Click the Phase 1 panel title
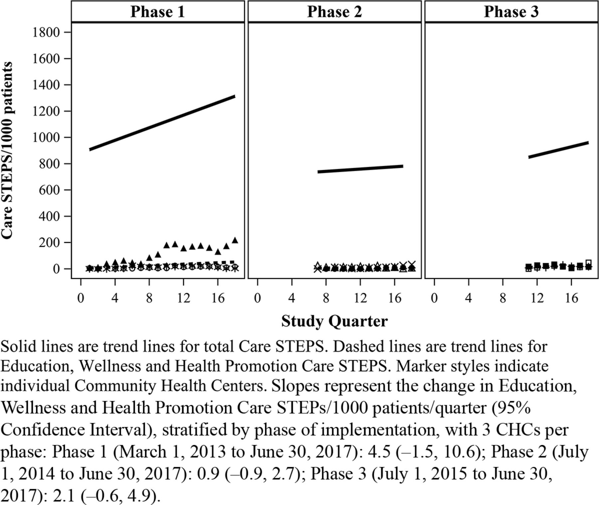pos(157,12)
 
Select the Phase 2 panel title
pos(334,12)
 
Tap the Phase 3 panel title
pos(511,12)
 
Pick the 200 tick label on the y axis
pos(49,243)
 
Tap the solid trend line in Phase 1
pos(162,123)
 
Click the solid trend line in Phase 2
pos(360,169)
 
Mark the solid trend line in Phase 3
pos(558,150)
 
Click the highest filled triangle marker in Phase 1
pos(235,240)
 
